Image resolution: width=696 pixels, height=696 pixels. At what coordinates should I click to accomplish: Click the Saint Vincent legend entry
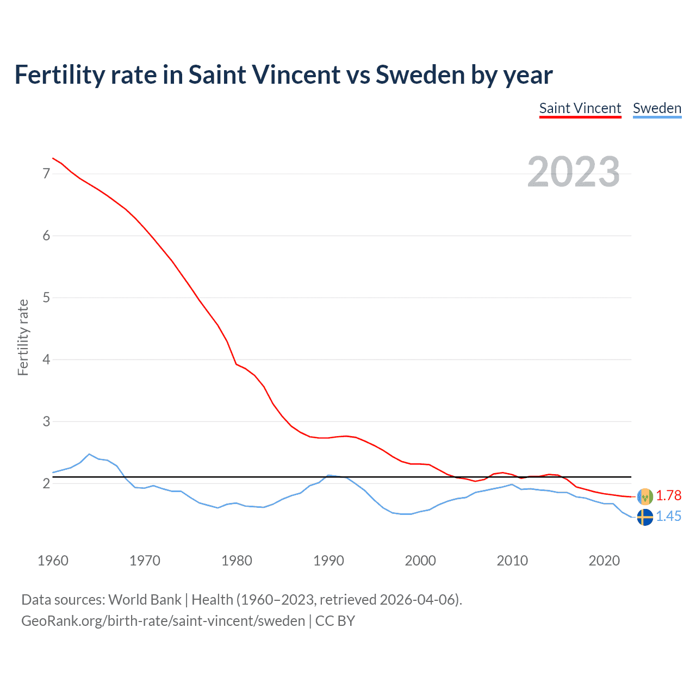tap(580, 108)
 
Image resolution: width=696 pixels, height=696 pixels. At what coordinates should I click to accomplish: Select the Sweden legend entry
tap(657, 108)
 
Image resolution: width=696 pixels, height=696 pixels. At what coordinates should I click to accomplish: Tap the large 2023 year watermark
tap(573, 172)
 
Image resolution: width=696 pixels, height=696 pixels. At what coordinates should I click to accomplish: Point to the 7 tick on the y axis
tap(46, 173)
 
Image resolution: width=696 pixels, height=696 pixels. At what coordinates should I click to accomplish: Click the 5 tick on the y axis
tap(46, 297)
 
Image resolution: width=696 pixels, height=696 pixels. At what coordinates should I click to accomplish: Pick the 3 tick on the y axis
tap(46, 421)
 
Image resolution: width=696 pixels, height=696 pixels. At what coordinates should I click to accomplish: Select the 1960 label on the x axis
tap(53, 561)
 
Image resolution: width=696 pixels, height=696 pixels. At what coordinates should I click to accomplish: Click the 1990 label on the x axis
tap(328, 561)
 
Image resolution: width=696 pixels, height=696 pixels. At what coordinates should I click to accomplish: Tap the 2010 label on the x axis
tap(512, 561)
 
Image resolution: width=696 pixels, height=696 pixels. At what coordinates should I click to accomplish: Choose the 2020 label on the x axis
tap(604, 561)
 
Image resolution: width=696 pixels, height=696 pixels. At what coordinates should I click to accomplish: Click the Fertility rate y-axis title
tap(23, 337)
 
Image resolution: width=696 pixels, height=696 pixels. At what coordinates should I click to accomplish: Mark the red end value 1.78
tap(668, 495)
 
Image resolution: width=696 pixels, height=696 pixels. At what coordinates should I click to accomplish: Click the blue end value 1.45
tap(668, 516)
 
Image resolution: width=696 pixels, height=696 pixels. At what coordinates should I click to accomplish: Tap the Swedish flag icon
tap(645, 517)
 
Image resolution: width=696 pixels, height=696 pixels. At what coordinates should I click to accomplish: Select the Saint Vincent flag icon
tap(645, 496)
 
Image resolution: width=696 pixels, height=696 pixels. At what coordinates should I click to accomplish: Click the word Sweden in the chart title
tap(420, 74)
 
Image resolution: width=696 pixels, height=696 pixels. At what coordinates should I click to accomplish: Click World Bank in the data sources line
tap(145, 600)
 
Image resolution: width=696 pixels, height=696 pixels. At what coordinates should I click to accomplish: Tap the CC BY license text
tap(335, 621)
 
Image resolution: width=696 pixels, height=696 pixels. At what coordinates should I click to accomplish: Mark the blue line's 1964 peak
tap(89, 454)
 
